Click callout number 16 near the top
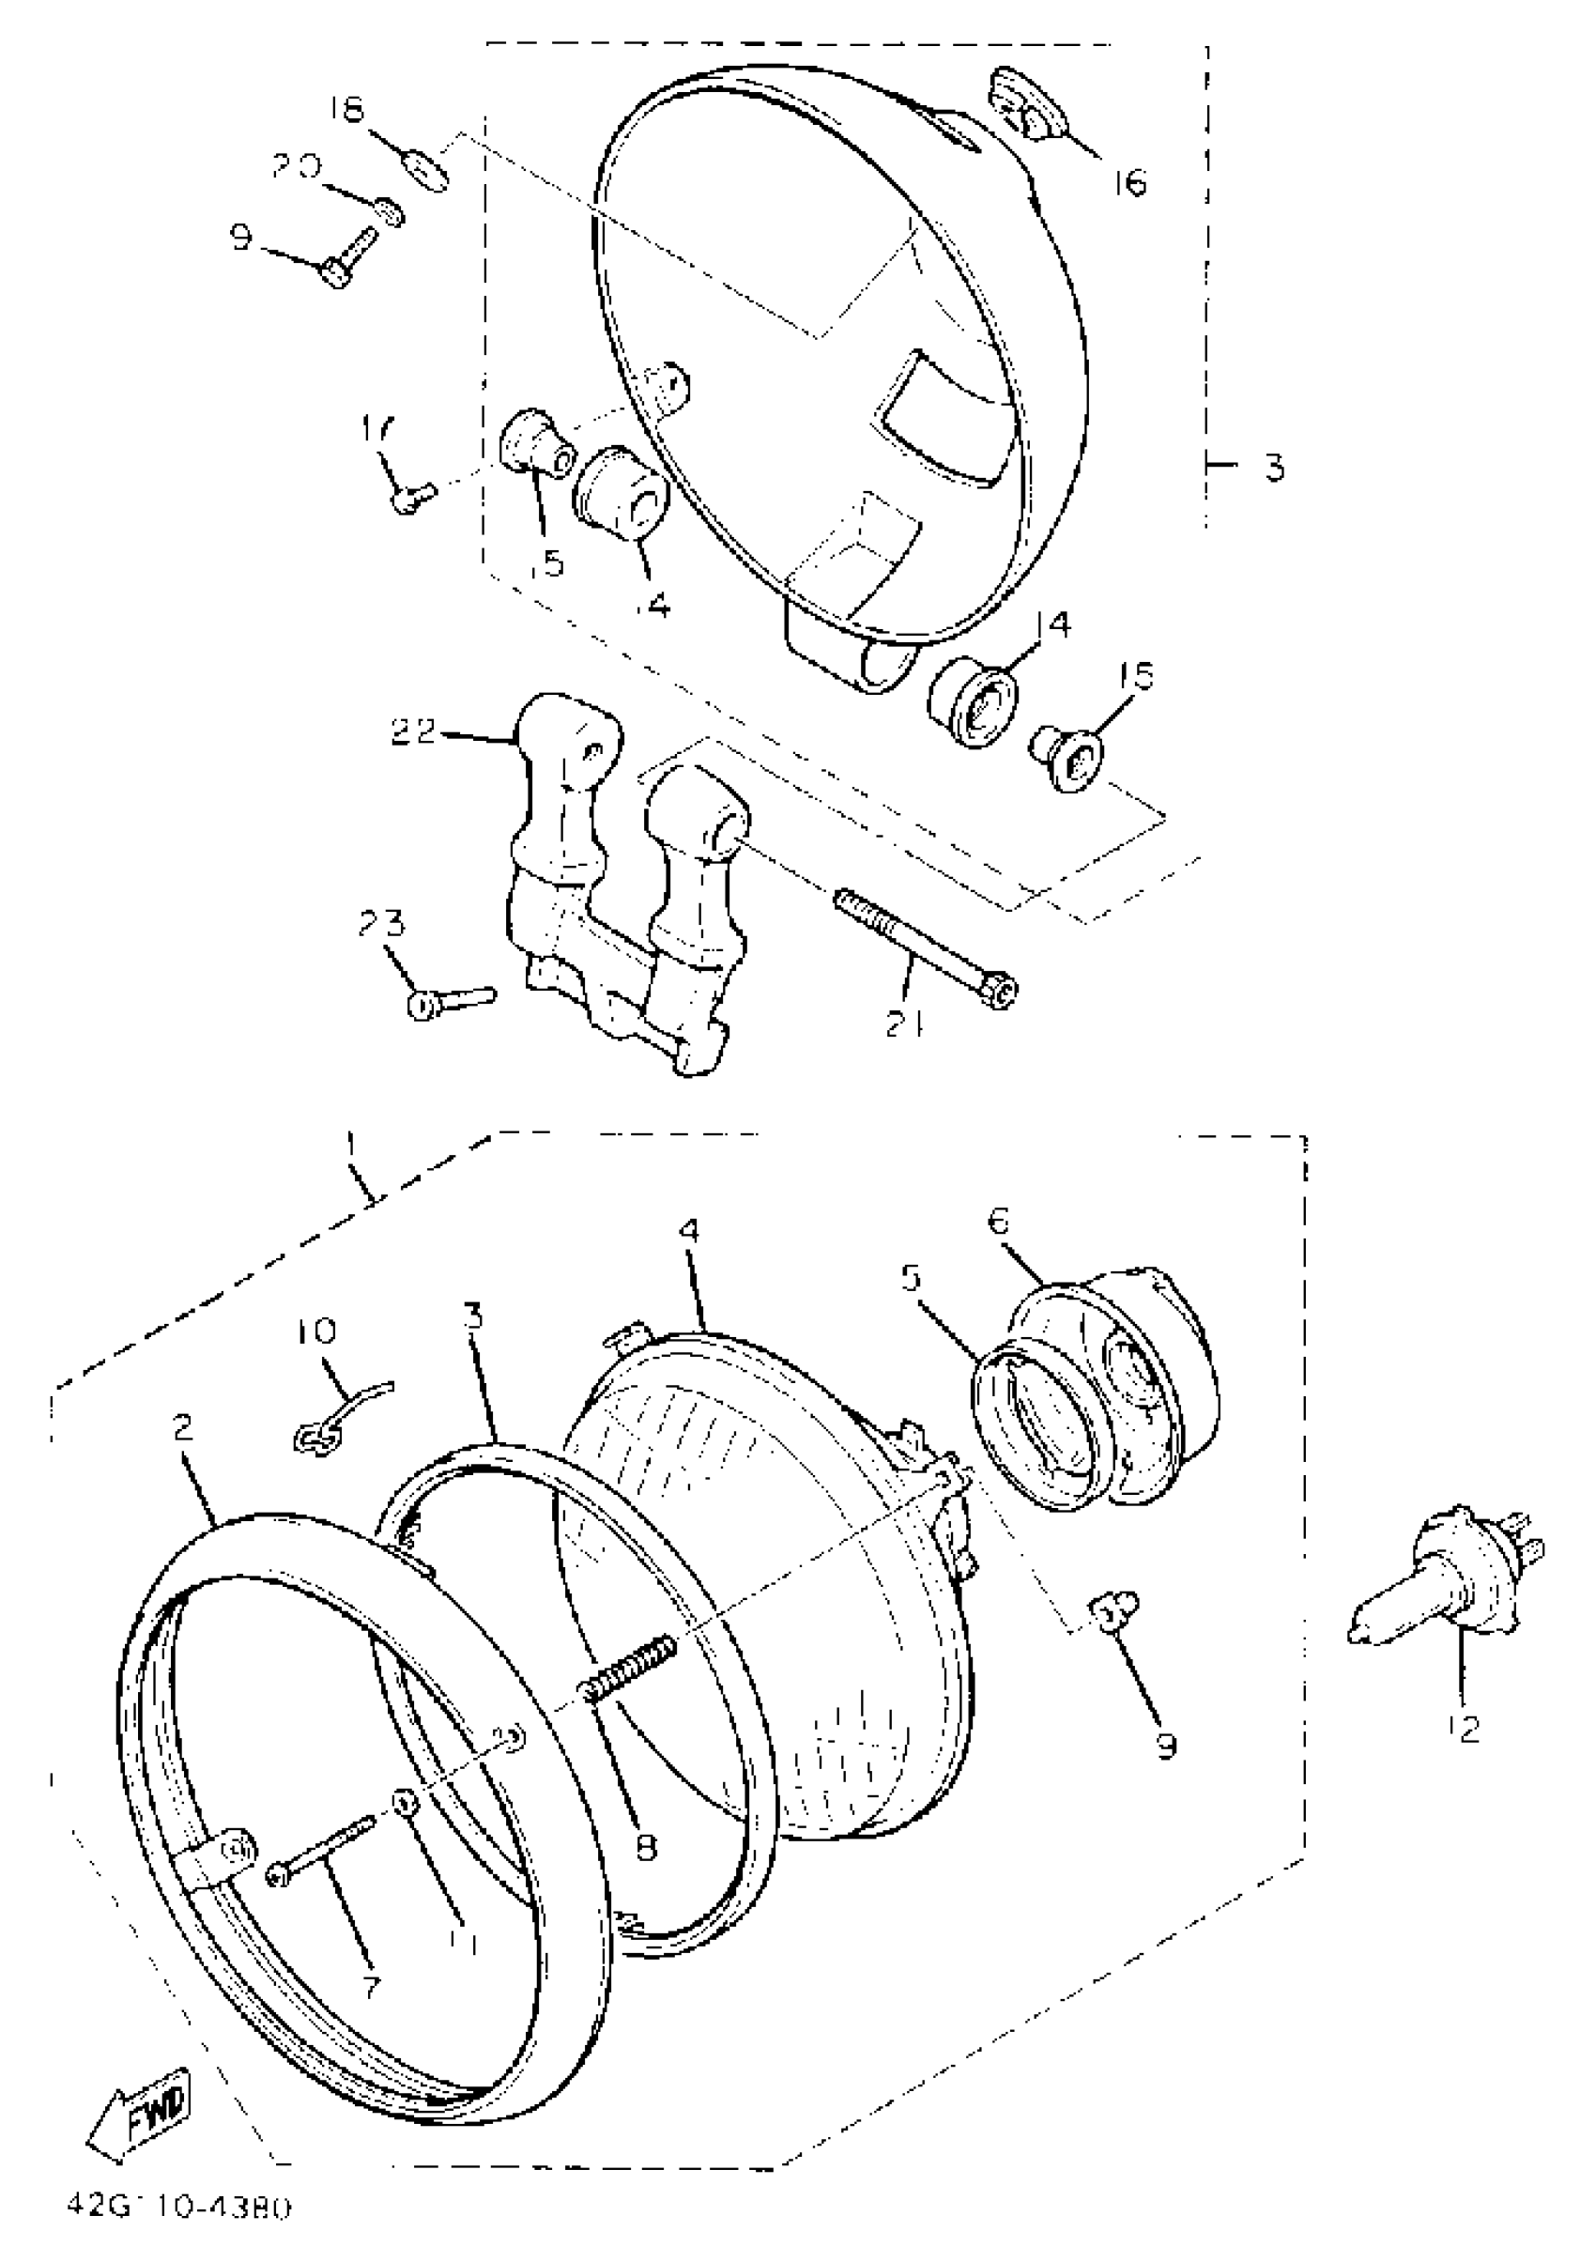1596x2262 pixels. pyautogui.click(x=1131, y=182)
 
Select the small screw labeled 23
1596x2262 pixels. pyautogui.click(x=451, y=1000)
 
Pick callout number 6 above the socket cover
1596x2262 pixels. pyautogui.click(x=998, y=1222)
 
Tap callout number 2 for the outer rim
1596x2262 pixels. pyautogui.click(x=182, y=1427)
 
